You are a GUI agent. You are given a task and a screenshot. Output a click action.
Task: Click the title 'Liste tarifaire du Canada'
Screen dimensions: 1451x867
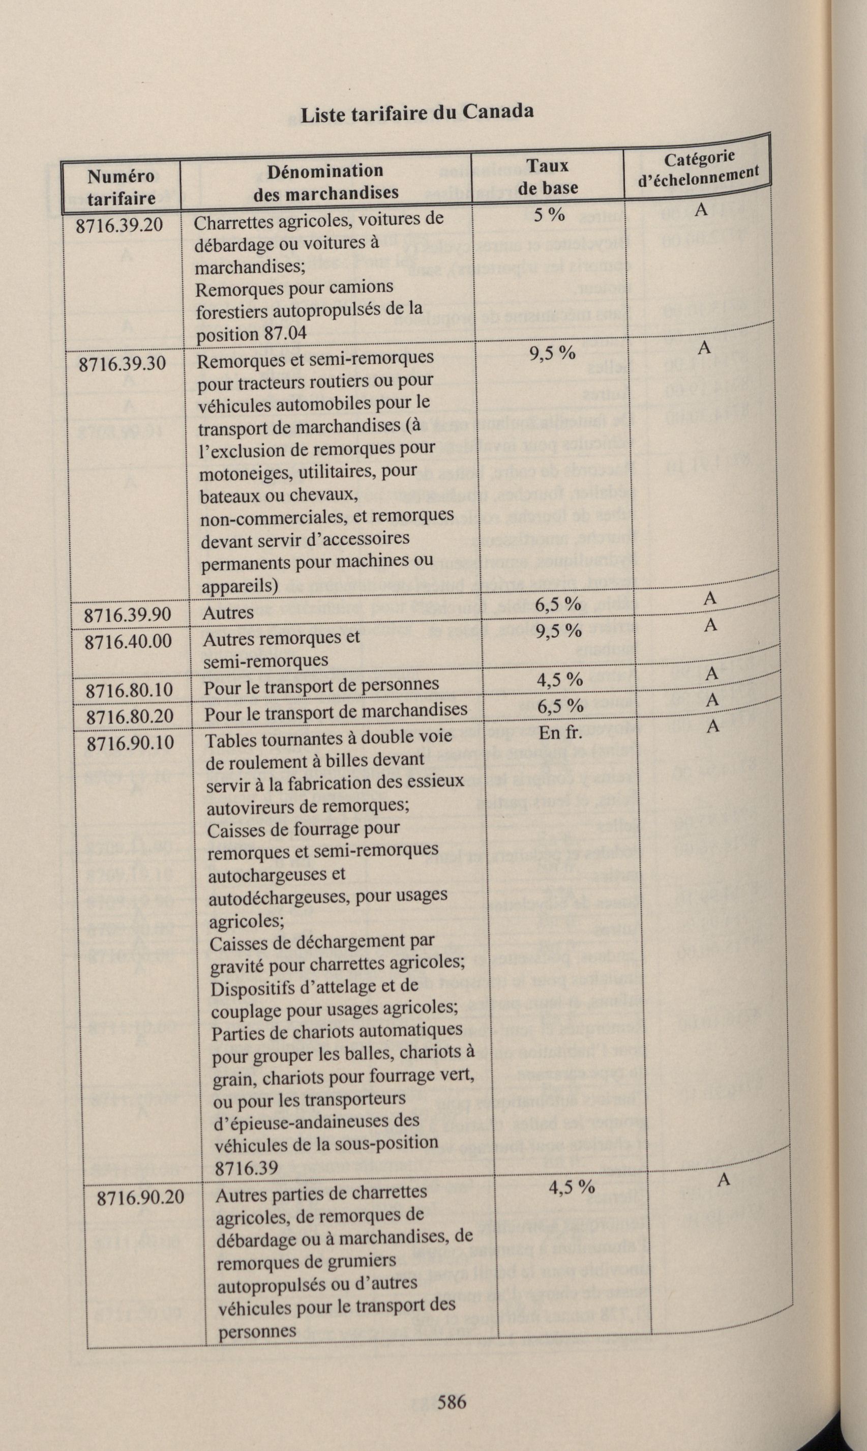click(x=416, y=112)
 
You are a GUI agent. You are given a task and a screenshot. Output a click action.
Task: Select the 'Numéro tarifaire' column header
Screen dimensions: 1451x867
click(x=121, y=187)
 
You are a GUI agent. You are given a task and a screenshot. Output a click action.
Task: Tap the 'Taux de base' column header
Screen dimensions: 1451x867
click(x=548, y=177)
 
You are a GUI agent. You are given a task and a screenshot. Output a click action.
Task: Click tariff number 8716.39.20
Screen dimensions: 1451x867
click(x=120, y=225)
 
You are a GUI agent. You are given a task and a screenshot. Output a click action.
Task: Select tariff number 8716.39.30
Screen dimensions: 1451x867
click(x=122, y=363)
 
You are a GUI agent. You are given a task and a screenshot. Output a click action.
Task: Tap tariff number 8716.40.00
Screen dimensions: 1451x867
click(x=128, y=642)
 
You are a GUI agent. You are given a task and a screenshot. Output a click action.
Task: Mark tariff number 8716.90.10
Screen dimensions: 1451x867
click(x=131, y=743)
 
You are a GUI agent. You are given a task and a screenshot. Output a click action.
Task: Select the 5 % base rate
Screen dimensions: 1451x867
click(x=549, y=215)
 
